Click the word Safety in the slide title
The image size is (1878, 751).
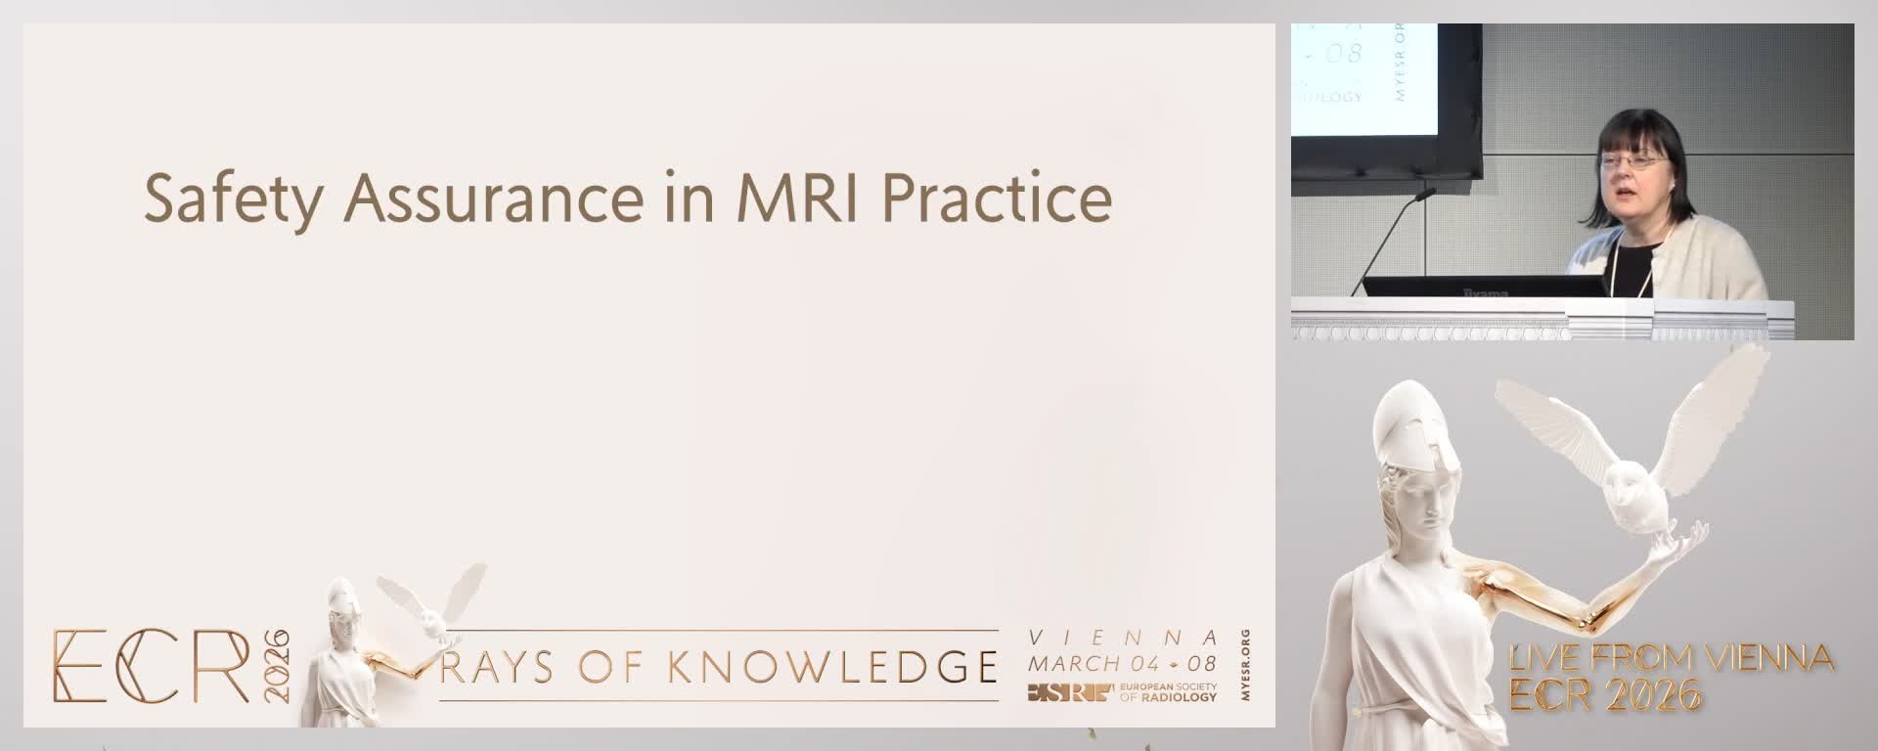tap(233, 199)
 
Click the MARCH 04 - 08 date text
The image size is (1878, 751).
tap(1122, 664)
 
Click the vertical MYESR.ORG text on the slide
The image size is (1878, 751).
tap(1243, 666)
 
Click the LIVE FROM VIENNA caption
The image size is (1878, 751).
tap(1671, 658)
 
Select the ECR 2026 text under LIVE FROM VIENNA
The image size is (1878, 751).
tap(1605, 694)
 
